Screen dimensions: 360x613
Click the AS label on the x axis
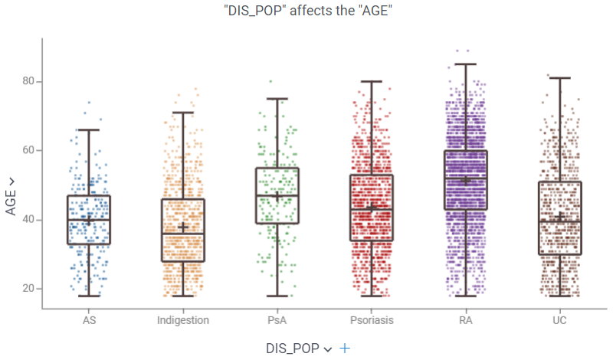pos(88,320)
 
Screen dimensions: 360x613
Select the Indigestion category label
pos(183,320)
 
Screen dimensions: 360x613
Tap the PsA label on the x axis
pos(277,320)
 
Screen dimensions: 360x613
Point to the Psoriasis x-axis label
pos(371,320)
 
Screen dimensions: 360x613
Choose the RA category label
pos(466,320)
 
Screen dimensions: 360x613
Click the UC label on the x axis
pos(560,320)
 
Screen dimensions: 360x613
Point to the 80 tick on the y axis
pos(27,82)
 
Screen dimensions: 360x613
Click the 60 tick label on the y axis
pos(27,151)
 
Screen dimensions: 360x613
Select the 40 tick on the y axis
pos(27,220)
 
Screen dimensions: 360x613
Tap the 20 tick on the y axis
pos(27,289)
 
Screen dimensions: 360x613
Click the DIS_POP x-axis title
pos(294,348)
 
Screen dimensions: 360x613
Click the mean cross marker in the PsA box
pos(277,196)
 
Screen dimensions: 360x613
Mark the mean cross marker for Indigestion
pos(183,227)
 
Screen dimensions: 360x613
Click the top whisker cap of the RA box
pos(466,64)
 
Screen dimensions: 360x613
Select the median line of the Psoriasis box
pos(372,210)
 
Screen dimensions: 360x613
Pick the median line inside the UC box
pos(560,221)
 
